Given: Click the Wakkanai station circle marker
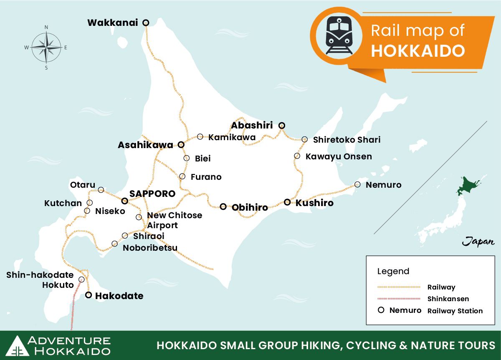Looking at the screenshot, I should pos(146,23).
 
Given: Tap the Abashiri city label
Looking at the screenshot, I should pos(252,125).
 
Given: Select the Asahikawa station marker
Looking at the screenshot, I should pos(181,145).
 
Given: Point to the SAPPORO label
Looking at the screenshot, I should pos(152,194).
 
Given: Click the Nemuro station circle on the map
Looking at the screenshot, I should pos(357,184).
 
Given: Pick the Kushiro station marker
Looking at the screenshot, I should pos(287,202).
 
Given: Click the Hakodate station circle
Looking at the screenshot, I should pos(89,295).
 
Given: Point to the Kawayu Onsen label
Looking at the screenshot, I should pos(339,157).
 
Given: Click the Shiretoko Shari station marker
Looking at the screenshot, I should pos(305,139).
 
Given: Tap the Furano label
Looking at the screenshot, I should pos(206,177).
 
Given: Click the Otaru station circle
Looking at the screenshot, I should pos(101,190).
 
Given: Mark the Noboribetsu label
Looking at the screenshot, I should pos(150,248).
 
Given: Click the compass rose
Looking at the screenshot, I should pos(46,47).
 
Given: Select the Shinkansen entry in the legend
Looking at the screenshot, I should pos(448,299).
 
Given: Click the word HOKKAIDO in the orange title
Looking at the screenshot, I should pos(417,51).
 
